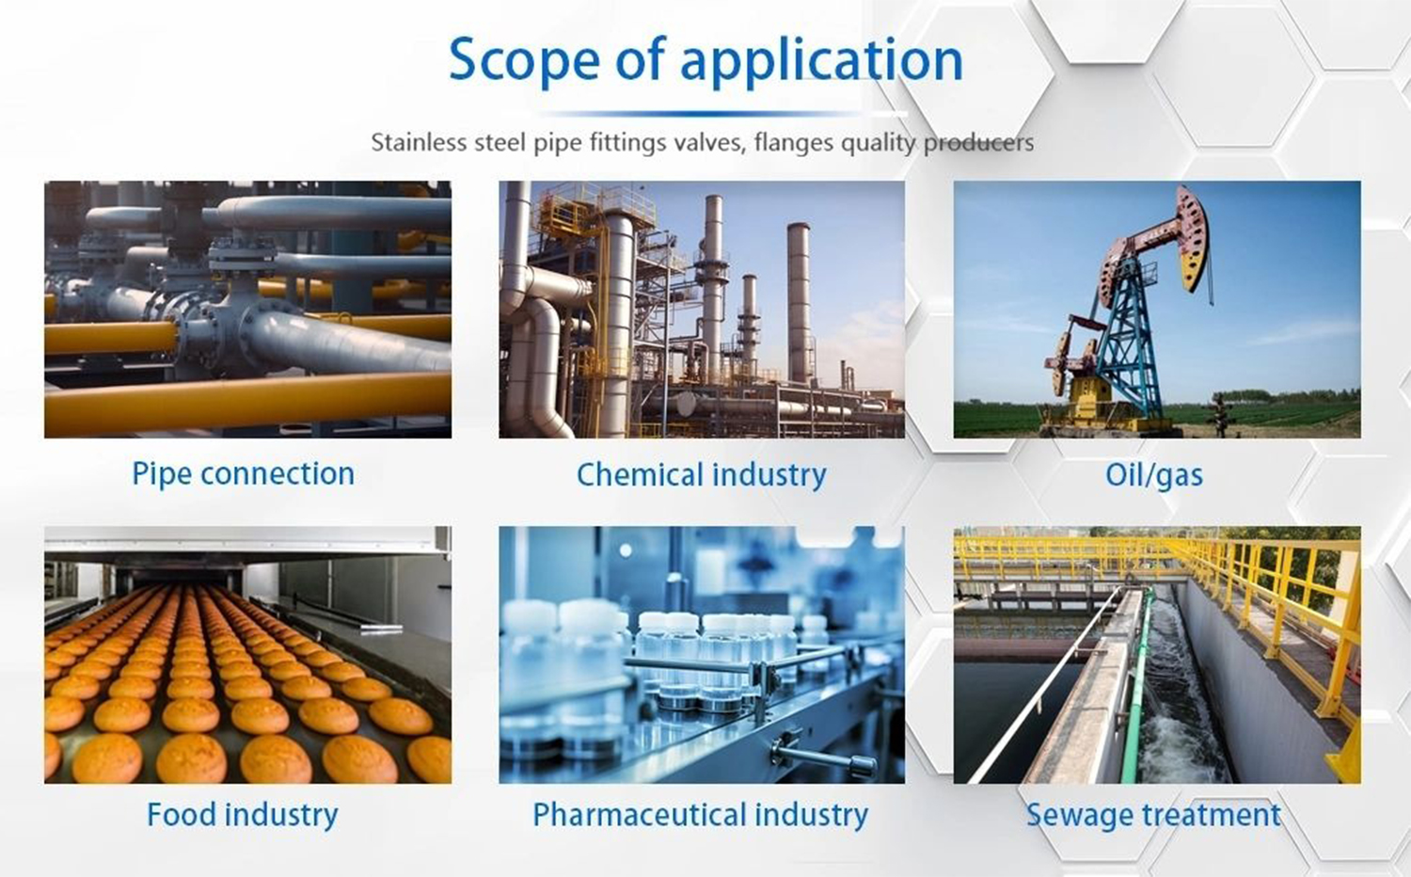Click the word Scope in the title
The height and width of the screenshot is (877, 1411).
[525, 60]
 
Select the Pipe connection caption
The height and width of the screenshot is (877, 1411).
[243, 473]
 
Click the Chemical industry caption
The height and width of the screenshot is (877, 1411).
[701, 475]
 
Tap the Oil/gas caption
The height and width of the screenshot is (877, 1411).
[1154, 476]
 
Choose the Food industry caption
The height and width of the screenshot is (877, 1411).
[243, 815]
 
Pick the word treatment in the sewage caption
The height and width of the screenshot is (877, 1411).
[1212, 815]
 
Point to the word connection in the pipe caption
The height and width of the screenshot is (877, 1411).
[277, 473]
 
